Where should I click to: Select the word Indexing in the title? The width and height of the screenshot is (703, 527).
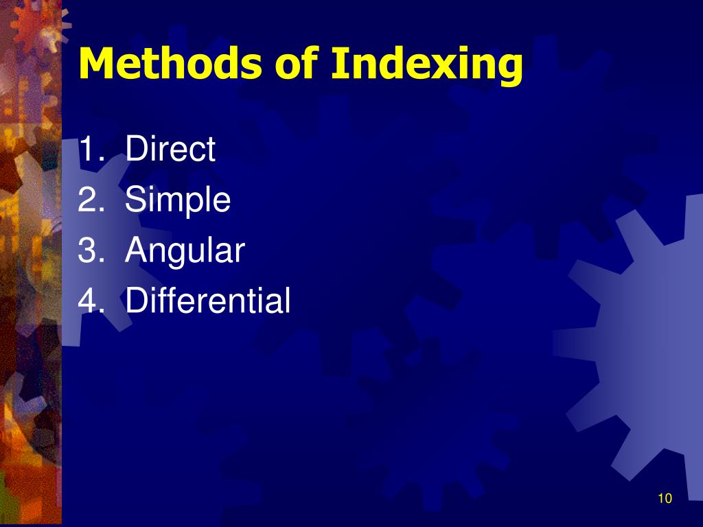(426, 65)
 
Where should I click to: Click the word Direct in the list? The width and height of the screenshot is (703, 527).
(170, 150)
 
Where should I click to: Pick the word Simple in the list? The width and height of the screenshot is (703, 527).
(178, 201)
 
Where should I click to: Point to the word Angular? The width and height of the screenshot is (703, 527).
(185, 252)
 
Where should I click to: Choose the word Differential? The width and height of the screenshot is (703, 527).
(208, 301)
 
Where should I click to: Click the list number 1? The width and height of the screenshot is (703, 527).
(89, 150)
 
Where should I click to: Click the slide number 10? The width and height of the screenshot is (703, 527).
(664, 499)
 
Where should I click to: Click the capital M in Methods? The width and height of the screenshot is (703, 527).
(95, 64)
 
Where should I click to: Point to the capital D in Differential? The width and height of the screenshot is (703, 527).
(135, 301)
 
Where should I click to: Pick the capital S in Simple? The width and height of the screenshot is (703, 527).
(135, 200)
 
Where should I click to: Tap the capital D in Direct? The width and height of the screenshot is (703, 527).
(135, 150)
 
